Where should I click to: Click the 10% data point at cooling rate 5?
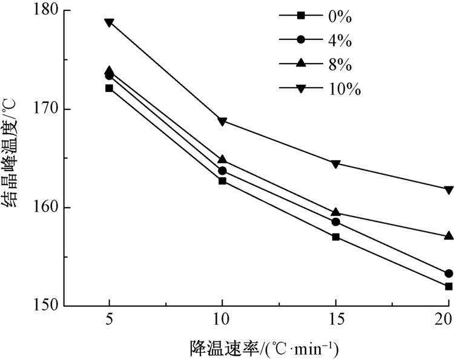tap(109, 22)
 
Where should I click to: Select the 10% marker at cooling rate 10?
tap(222, 121)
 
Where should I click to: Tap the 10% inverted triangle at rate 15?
tap(335, 163)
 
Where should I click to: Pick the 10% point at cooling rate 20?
tap(449, 189)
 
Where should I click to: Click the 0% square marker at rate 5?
tap(109, 88)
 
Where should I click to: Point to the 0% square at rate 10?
tap(222, 181)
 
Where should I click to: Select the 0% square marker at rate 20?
tap(449, 286)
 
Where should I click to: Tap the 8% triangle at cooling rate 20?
tap(449, 235)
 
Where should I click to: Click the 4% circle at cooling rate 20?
tap(449, 273)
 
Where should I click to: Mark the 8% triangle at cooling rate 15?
tap(335, 212)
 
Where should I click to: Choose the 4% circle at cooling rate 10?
tap(222, 171)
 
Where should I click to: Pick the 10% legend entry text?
tap(346, 90)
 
